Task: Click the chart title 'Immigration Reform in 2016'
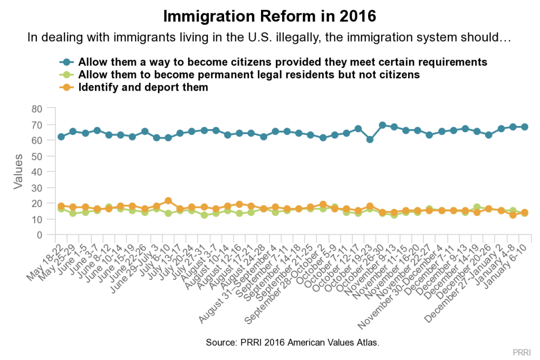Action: (x=269, y=16)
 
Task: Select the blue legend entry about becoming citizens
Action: (x=282, y=61)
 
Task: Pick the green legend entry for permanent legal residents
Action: (x=249, y=74)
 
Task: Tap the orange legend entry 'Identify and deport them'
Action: (x=143, y=87)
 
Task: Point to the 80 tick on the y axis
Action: (x=36, y=109)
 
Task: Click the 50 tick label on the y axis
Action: (x=36, y=156)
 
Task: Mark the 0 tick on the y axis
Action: (x=40, y=235)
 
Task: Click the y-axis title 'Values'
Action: (x=18, y=171)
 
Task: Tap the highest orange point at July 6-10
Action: (x=168, y=201)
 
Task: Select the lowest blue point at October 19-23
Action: (x=370, y=140)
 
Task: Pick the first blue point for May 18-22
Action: (x=61, y=137)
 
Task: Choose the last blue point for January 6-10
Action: (x=525, y=127)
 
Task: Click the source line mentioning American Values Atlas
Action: (x=293, y=343)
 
